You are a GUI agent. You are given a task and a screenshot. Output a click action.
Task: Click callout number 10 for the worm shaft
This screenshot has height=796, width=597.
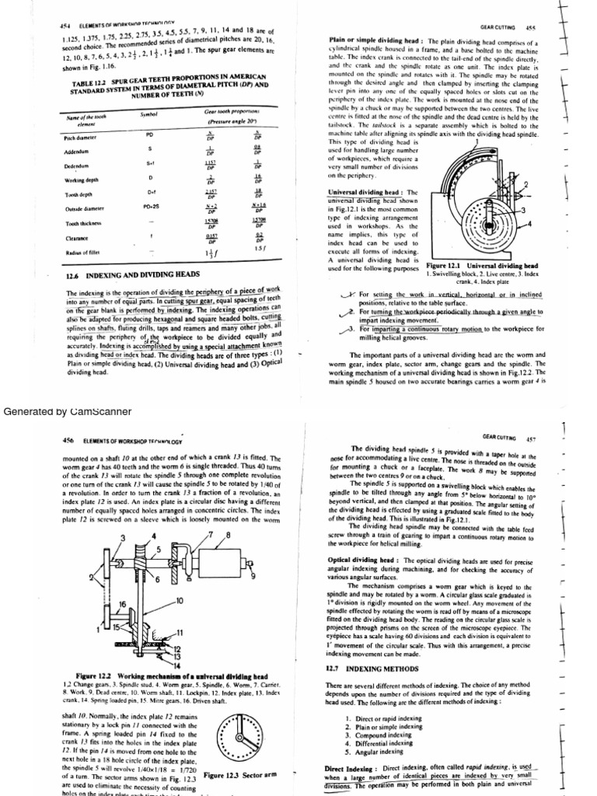(180, 601)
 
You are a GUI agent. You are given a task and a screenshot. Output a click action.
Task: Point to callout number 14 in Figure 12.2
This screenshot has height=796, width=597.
(177, 667)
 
